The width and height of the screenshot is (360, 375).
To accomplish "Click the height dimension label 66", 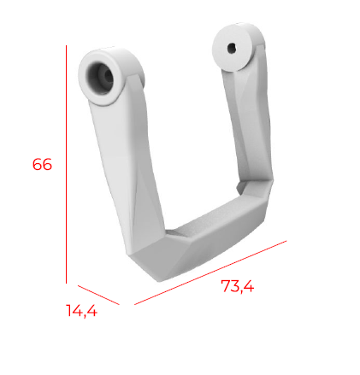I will click(42, 164).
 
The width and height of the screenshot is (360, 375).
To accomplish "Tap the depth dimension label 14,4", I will click(82, 311).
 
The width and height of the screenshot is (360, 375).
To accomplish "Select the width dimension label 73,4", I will click(238, 287).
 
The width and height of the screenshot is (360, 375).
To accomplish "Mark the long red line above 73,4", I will click(210, 272).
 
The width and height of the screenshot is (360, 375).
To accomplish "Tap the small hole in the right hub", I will click(231, 48).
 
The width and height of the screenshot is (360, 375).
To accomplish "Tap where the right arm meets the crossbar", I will click(257, 192).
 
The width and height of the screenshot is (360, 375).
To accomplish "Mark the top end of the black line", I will click(66, 48).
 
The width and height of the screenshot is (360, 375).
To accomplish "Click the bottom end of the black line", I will click(66, 282).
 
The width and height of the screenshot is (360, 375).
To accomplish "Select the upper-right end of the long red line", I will click(286, 241).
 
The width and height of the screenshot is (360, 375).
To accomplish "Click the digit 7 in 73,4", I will click(225, 288).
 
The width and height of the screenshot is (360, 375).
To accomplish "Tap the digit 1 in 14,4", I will click(70, 311).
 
